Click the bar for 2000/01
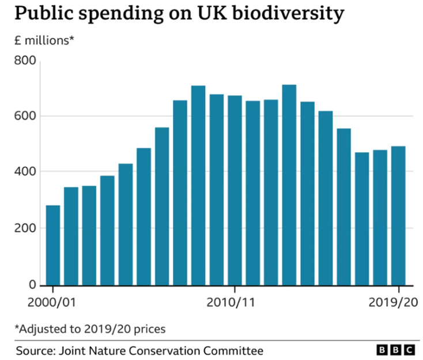(x=53, y=245)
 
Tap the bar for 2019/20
(x=398, y=216)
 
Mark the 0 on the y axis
(x=32, y=284)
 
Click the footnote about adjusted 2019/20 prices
(x=90, y=329)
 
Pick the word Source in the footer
(x=33, y=350)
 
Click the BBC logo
(x=395, y=350)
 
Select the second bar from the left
(x=71, y=236)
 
